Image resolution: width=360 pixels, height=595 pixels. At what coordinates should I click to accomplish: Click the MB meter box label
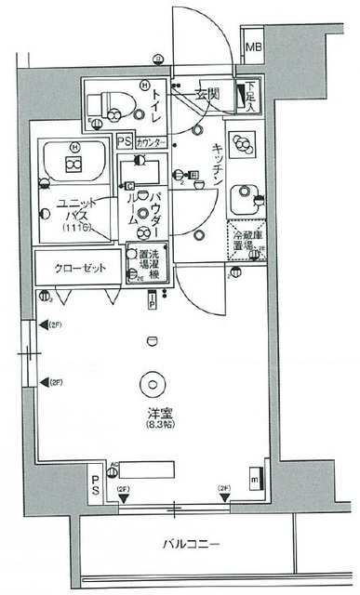click(x=252, y=47)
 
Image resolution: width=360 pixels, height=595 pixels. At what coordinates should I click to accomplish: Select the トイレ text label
click(x=161, y=96)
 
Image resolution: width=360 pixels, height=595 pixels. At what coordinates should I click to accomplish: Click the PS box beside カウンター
click(x=125, y=142)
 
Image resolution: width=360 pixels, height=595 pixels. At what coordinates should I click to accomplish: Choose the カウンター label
click(x=152, y=143)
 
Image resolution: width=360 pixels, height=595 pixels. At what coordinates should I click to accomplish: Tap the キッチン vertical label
click(x=215, y=166)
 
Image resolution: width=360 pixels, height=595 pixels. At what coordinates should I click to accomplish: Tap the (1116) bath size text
click(x=78, y=229)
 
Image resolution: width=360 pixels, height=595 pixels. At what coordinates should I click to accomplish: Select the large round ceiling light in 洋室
click(x=151, y=382)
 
